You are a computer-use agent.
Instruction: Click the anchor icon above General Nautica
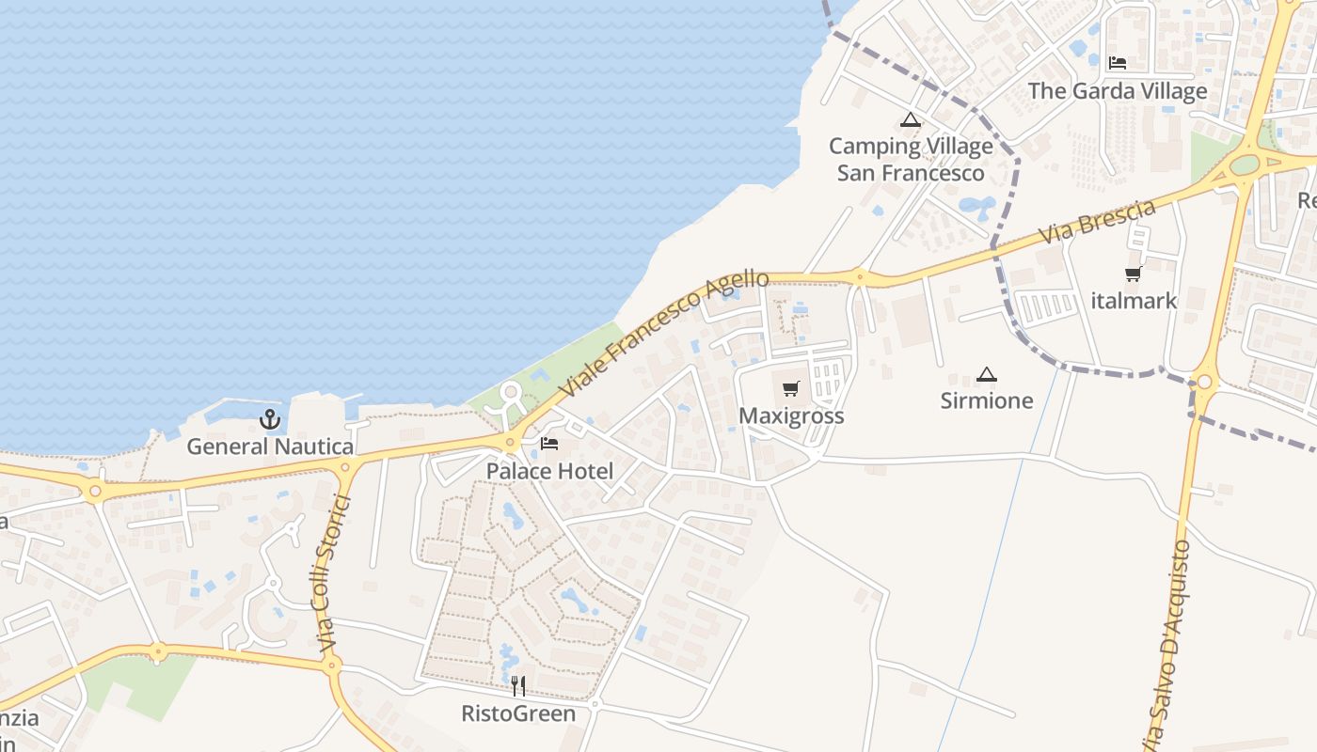271,419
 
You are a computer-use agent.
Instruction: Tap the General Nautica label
270,446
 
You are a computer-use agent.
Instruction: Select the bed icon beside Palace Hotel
549,444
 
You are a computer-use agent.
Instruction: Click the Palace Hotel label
549,471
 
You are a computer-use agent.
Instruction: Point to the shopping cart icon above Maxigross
791,389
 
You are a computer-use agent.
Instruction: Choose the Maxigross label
791,415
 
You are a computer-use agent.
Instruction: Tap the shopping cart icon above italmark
1134,274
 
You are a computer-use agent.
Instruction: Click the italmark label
1134,301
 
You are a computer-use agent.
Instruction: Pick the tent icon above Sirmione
986,374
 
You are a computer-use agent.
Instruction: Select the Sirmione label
987,400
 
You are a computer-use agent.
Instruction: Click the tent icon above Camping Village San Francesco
910,119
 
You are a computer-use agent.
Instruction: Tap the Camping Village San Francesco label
911,160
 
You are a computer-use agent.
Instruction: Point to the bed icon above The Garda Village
1118,63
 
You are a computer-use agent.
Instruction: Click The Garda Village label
1118,91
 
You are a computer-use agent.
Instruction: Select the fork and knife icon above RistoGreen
517,686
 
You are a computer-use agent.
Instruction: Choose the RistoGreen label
518,713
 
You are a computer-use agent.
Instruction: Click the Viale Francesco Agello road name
665,334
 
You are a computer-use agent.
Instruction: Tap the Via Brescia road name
1097,223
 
